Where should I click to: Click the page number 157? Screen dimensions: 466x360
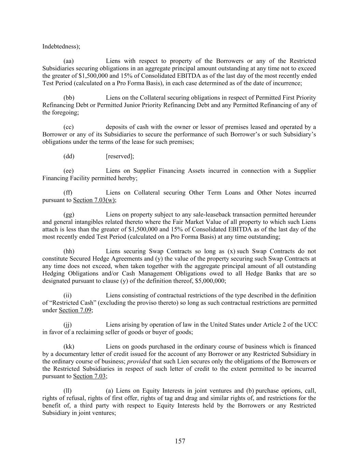coord(180,441)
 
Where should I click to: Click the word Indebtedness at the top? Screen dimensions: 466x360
coord(60,46)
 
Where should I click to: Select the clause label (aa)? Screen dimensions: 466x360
coord(69,61)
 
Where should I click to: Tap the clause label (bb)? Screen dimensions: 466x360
coord(69,98)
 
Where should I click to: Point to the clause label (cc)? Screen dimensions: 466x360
coord(69,127)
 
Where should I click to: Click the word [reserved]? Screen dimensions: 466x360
coord(120,156)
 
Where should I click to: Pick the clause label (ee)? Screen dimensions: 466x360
coord(69,171)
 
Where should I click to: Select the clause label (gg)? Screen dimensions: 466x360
coord(69,215)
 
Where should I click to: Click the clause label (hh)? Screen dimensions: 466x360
coord(69,251)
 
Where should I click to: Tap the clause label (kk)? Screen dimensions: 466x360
coord(69,347)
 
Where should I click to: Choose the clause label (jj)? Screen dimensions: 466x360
coord(68,325)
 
